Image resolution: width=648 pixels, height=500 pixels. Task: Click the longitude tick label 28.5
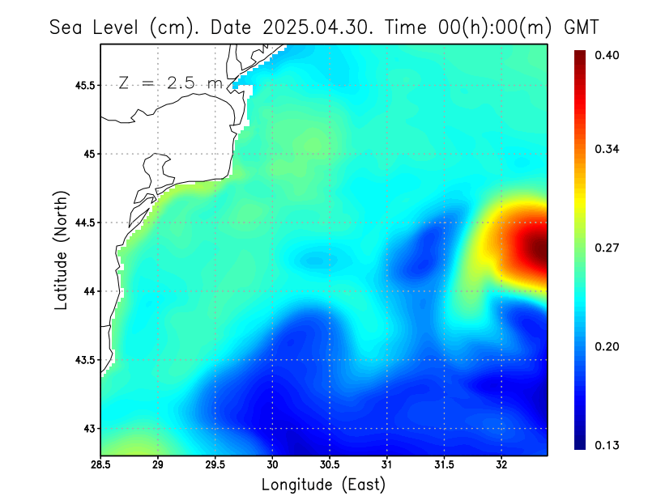pos(100,466)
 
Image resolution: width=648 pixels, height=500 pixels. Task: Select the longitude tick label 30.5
pos(330,466)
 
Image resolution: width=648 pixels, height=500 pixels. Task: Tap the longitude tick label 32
pos(501,466)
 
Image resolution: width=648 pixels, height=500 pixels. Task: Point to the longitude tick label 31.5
pos(445,466)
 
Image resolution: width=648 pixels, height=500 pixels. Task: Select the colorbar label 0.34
pos(607,149)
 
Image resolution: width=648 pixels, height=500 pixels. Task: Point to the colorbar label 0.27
pos(607,248)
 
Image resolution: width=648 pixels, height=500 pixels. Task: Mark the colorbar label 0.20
pos(607,346)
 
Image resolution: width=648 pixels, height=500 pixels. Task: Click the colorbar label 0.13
pos(607,445)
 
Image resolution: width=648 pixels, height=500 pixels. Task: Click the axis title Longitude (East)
pos(323,485)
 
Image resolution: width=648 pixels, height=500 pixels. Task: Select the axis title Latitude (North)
pos(62,250)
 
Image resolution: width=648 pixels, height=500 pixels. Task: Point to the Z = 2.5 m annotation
pos(170,83)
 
